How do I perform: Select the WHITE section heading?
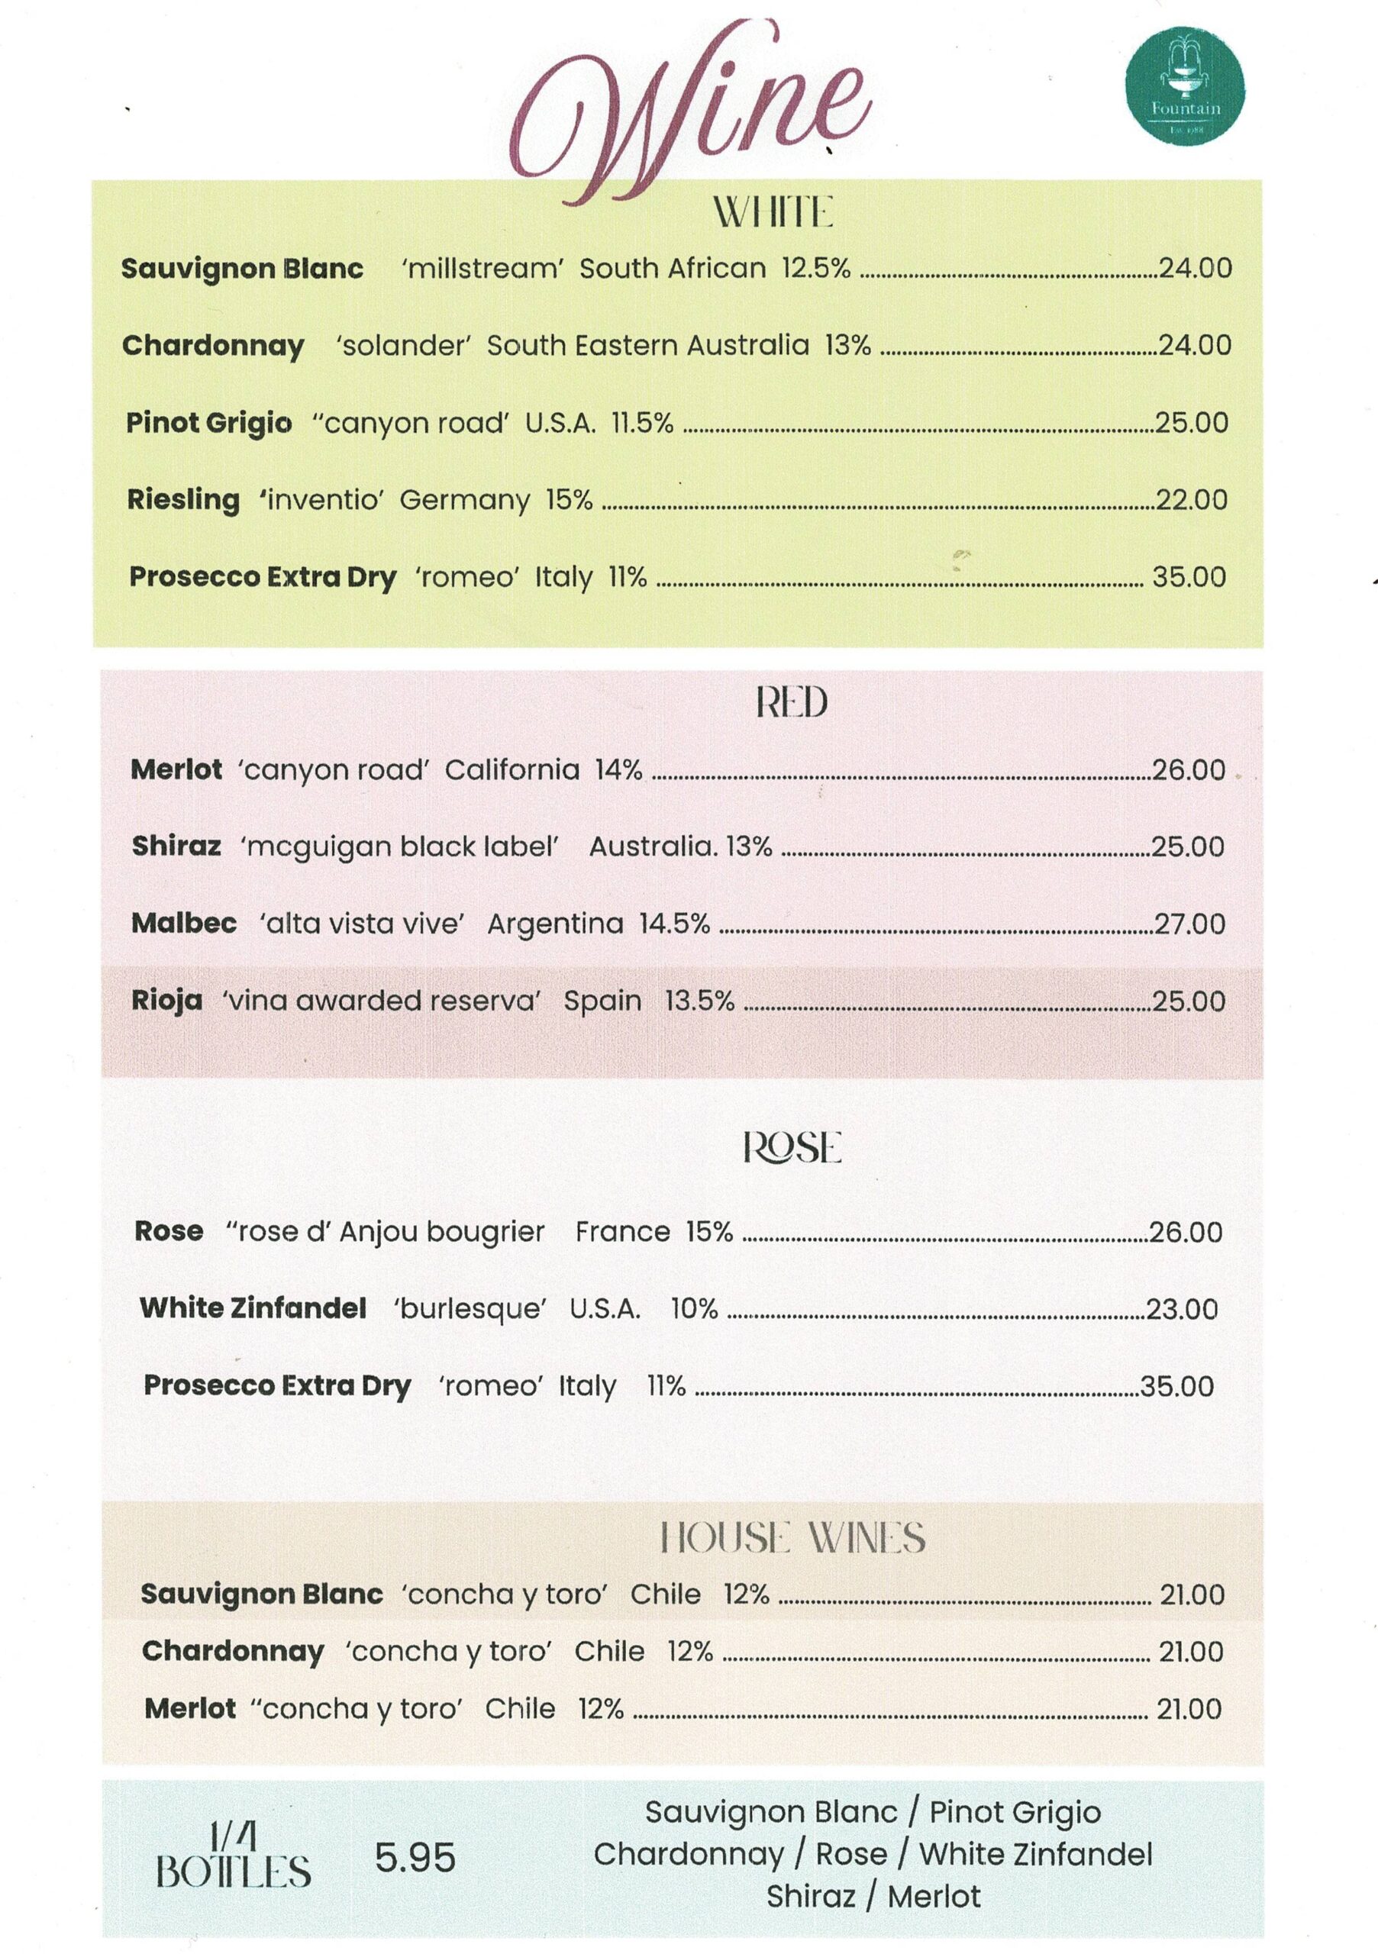pyautogui.click(x=772, y=212)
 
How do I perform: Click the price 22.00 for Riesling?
pyautogui.click(x=1191, y=499)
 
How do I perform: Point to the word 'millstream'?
pyautogui.click(x=482, y=269)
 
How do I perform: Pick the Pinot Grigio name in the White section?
pyautogui.click(x=208, y=423)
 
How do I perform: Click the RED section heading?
pyautogui.click(x=791, y=703)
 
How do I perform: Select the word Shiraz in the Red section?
pyautogui.click(x=176, y=846)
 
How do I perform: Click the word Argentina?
pyautogui.click(x=555, y=924)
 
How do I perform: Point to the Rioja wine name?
pyautogui.click(x=167, y=1000)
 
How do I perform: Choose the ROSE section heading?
pyautogui.click(x=792, y=1147)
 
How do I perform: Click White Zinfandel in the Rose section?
pyautogui.click(x=253, y=1308)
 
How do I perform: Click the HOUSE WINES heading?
pyautogui.click(x=792, y=1538)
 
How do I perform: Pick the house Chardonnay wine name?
pyautogui.click(x=233, y=1651)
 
